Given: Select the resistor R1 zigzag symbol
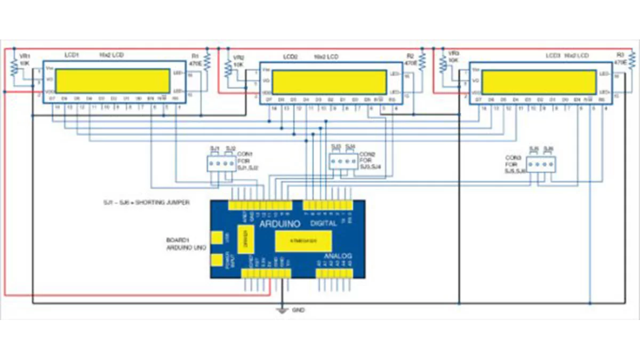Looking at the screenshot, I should (x=207, y=62).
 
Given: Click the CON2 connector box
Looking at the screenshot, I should (x=342, y=161).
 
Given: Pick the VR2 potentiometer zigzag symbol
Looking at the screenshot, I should (x=228, y=68).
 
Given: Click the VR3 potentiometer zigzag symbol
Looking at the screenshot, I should (x=443, y=66).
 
